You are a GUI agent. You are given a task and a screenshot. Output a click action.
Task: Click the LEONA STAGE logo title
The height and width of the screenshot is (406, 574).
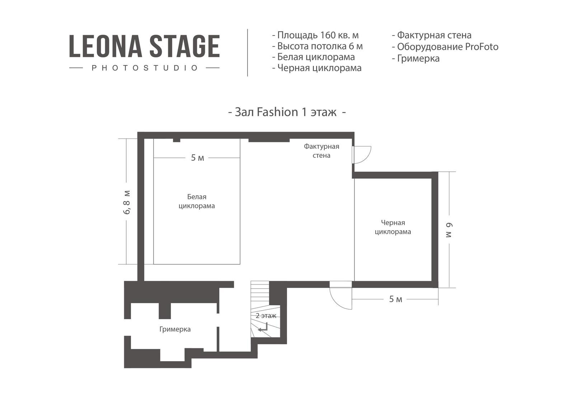(144, 46)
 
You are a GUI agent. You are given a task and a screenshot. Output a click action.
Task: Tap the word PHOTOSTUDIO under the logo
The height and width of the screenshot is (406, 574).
(145, 68)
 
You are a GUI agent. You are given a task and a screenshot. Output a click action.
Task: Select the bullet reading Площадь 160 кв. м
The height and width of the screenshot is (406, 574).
(315, 35)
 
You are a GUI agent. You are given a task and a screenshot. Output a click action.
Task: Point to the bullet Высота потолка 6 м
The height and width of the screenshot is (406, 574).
(317, 46)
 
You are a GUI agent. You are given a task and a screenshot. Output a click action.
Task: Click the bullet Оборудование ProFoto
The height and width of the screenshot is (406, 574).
(445, 47)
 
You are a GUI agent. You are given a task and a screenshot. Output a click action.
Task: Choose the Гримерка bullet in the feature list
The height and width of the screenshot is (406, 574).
(416, 58)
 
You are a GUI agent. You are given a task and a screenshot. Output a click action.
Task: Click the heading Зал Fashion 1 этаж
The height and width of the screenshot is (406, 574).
(287, 112)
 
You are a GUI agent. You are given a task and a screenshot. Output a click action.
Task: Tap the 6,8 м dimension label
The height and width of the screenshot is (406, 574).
(127, 202)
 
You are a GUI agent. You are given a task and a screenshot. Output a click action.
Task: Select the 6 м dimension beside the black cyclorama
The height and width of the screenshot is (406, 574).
(449, 230)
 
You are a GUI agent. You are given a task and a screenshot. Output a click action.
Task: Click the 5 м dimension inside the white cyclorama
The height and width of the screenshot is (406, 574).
(197, 158)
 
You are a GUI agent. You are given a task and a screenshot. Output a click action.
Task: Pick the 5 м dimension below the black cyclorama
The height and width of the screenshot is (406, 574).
(396, 299)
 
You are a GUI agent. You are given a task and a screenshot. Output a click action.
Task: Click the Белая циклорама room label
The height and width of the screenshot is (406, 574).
(197, 201)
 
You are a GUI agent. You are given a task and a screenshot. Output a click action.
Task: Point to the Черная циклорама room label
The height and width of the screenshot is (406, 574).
(393, 227)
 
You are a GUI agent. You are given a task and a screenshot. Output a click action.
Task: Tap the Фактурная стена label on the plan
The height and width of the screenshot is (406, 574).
(321, 151)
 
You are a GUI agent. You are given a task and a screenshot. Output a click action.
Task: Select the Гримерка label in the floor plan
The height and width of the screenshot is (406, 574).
(175, 329)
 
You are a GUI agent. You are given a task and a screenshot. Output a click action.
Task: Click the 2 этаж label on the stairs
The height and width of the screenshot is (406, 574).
(266, 316)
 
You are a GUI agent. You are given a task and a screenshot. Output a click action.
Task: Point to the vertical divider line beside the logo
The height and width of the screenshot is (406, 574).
(248, 52)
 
